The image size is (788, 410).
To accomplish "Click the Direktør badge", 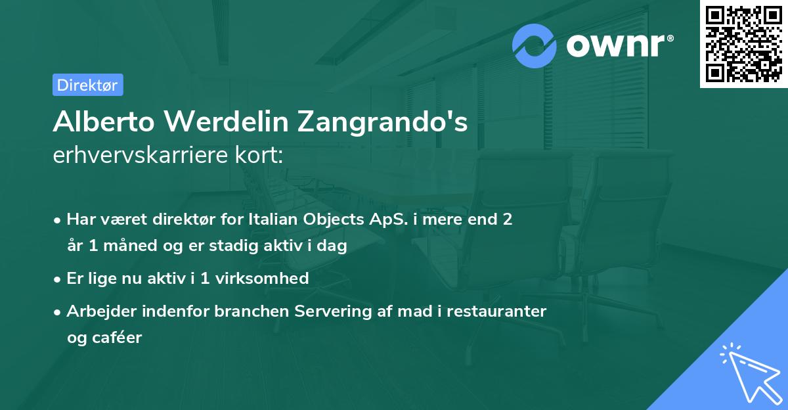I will tap(87, 85).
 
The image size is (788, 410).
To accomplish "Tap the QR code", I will tap(743, 44).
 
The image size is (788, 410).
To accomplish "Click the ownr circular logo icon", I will tap(535, 46).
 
